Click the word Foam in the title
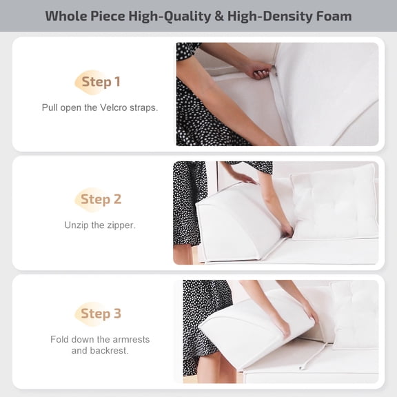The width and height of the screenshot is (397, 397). click(329, 16)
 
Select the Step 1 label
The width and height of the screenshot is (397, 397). click(101, 82)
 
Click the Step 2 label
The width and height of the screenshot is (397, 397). click(101, 200)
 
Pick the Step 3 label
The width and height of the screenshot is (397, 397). click(101, 314)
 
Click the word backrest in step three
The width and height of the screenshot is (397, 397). click(110, 350)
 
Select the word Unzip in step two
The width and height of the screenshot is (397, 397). click(78, 225)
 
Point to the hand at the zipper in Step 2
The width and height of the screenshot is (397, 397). click(285, 230)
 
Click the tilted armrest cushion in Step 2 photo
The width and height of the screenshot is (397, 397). click(234, 221)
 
